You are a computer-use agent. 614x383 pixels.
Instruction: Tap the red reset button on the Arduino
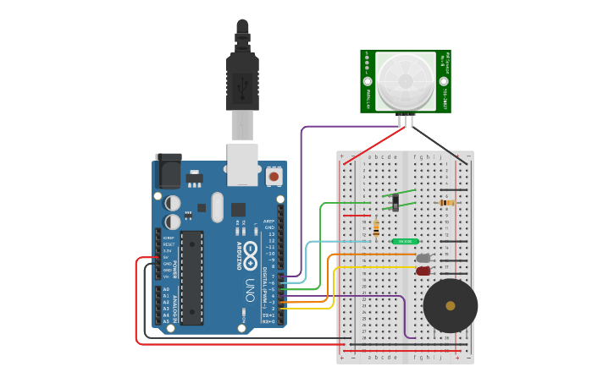click(x=274, y=176)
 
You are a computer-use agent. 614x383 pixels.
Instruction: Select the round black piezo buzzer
click(x=450, y=305)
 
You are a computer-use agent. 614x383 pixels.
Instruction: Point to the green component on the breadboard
click(x=405, y=242)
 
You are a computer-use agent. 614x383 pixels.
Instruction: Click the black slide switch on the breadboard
click(x=397, y=201)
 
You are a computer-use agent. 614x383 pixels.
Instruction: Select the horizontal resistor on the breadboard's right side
click(x=446, y=203)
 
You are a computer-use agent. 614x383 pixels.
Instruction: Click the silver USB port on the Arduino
click(x=242, y=164)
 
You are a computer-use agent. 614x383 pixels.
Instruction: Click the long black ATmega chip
click(x=191, y=277)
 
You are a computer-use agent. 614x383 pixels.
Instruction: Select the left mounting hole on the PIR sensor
click(x=368, y=82)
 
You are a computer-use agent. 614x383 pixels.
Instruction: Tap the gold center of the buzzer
click(x=450, y=305)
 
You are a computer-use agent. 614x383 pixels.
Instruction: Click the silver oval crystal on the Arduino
click(x=217, y=207)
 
